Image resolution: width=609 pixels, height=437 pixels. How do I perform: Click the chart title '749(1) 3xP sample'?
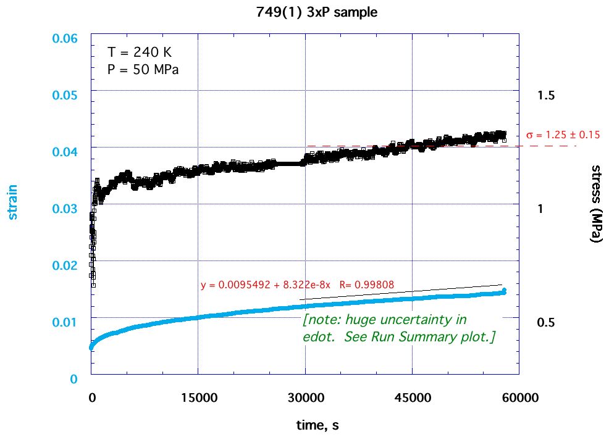point(305,12)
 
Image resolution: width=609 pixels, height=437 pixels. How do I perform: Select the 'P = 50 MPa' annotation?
point(143,69)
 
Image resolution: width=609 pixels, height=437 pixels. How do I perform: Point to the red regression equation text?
point(297,285)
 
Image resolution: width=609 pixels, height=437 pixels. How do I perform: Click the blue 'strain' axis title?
point(13,202)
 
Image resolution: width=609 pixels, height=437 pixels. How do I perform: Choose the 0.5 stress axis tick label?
point(546,322)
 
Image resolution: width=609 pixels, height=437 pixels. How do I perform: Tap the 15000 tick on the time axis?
point(198,398)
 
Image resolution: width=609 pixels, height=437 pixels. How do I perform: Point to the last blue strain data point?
point(504,291)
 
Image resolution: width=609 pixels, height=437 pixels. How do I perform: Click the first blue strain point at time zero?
point(91,348)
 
